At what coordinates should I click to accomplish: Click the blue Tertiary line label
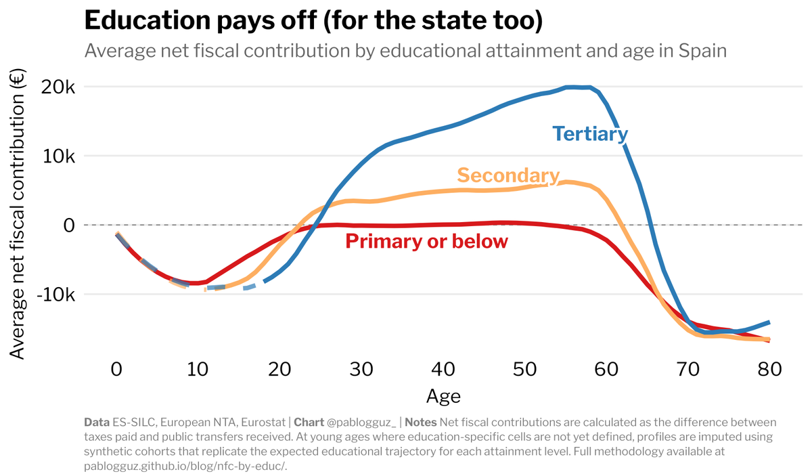pos(590,134)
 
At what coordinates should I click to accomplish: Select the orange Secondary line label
pos(508,175)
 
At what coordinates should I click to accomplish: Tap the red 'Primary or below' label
pos(427,241)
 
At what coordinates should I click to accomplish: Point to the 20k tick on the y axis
pos(58,87)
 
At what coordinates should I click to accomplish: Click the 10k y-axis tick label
pos(59,156)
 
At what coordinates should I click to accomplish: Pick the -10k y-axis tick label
pos(55,295)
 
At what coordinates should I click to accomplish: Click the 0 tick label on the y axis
pos(69,225)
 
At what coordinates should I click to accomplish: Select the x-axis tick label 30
pos(361,369)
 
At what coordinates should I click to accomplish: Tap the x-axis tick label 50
pos(524,369)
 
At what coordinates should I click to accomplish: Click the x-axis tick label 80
pos(769,369)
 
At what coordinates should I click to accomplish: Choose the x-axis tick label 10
pos(198,369)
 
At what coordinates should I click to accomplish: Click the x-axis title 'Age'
pos(443,396)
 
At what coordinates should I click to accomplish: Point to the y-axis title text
pos(17,214)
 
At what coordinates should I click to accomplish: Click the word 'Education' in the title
pos(148,20)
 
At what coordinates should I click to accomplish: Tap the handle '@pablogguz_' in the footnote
pos(361,423)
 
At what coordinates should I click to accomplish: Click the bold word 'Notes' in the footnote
pos(420,422)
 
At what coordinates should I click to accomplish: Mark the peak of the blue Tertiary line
pos(578,87)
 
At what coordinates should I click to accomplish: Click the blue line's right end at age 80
pos(769,322)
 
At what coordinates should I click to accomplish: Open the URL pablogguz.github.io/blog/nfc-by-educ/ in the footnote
pos(185,466)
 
